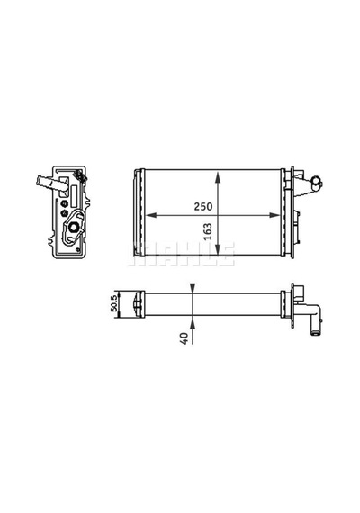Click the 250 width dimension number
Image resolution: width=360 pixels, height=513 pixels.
(203, 206)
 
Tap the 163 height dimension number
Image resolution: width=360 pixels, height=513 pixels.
(208, 231)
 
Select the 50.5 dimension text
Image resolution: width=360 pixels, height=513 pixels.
(114, 303)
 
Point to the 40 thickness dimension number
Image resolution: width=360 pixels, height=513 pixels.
(184, 338)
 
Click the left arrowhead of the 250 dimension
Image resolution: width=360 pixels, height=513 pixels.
(150, 215)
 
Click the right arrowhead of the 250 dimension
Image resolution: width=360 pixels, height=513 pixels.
(274, 215)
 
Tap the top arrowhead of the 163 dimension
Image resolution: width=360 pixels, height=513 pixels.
(218, 176)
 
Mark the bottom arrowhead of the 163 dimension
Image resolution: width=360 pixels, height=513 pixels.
(218, 249)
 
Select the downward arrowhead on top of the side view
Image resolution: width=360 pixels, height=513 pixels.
(193, 288)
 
